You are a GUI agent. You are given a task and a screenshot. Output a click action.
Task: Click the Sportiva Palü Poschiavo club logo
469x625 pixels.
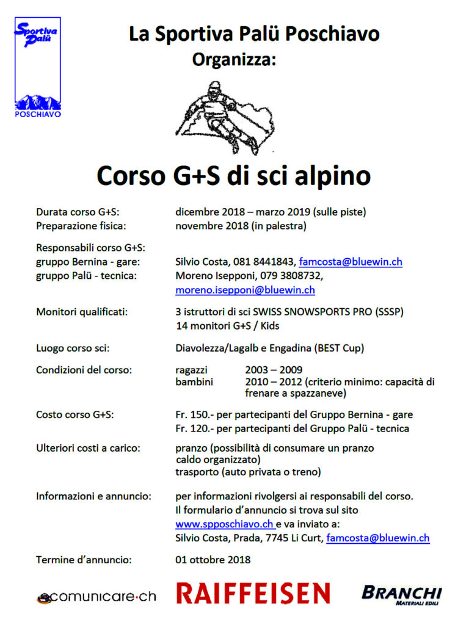[x=38, y=67]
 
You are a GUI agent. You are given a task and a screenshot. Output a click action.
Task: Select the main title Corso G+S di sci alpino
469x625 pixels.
[x=234, y=176]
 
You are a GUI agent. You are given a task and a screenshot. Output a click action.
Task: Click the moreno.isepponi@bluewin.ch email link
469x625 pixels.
[x=245, y=290]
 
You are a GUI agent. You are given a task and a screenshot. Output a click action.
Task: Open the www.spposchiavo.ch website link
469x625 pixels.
[x=224, y=524]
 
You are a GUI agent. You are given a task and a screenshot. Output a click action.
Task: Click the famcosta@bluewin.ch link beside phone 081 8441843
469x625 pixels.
[x=350, y=262]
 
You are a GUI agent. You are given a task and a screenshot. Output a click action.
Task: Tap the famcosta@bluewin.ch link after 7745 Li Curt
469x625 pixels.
[x=378, y=538]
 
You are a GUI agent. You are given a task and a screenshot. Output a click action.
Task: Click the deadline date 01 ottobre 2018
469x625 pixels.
[x=213, y=559]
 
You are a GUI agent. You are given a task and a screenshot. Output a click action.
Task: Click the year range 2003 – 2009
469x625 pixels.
[x=274, y=370]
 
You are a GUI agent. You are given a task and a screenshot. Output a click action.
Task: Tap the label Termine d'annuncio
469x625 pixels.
[x=84, y=559]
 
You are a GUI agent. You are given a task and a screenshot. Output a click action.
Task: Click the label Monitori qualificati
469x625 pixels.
[x=82, y=312]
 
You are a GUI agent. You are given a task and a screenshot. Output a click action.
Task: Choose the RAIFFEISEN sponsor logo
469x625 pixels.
[x=253, y=593]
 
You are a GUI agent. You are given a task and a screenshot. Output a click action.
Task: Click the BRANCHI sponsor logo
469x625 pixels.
[x=401, y=594]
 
